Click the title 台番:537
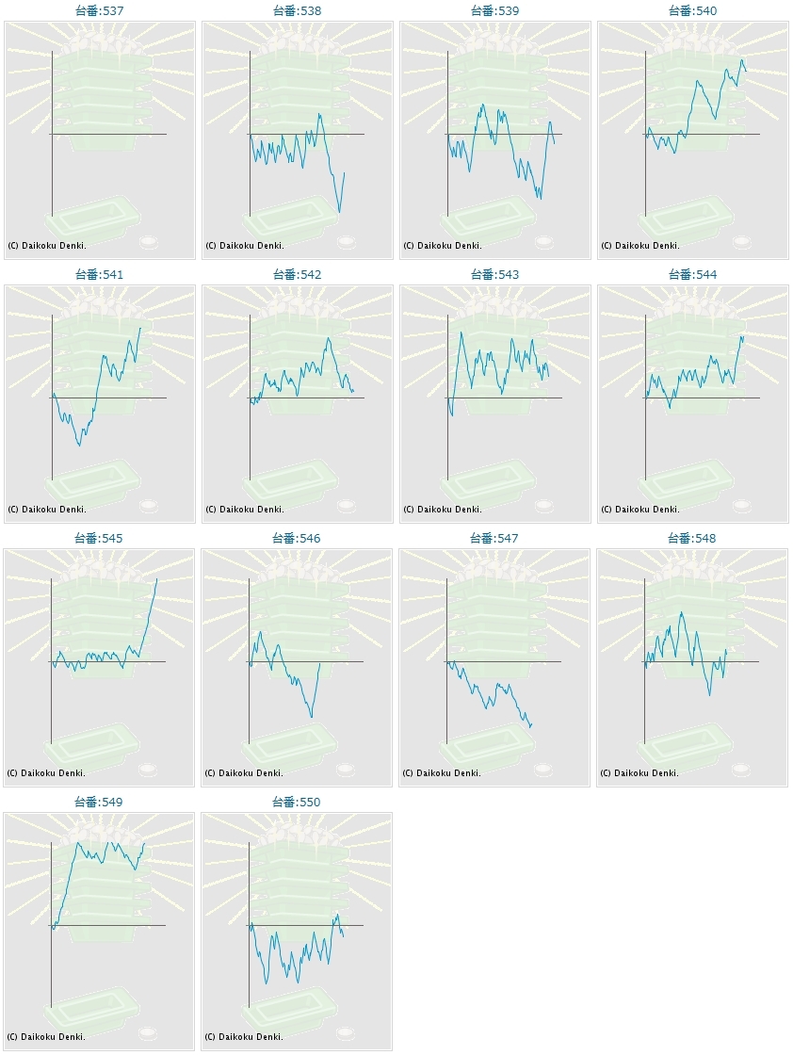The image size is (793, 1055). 99,10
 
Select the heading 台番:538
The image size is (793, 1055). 297,10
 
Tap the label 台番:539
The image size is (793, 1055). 494,10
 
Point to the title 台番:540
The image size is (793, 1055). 692,10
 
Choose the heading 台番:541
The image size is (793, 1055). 99,274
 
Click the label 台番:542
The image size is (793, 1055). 297,274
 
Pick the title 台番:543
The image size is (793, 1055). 494,274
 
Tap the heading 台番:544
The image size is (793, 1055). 692,274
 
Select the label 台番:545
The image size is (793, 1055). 99,538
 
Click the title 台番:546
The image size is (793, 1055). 297,538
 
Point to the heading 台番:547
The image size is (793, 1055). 494,538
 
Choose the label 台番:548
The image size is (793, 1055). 692,538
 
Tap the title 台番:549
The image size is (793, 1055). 99,802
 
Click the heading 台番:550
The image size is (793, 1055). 297,802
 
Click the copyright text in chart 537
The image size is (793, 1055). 46,245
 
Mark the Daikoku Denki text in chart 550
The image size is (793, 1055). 244,1036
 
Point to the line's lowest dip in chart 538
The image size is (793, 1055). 339,212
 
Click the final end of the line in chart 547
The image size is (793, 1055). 532,724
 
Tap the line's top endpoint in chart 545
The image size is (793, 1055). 156,578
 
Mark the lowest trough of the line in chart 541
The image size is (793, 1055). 79,445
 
